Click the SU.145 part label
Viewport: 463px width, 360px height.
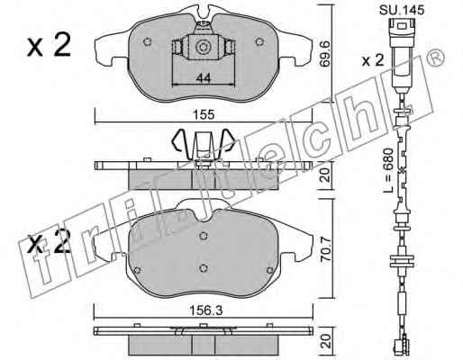click(402, 10)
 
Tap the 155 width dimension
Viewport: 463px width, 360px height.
click(204, 114)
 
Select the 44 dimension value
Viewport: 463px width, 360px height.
click(204, 78)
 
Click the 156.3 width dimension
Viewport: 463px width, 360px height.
click(206, 310)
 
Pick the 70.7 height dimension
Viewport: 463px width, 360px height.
click(325, 250)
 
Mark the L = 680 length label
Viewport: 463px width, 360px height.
click(389, 170)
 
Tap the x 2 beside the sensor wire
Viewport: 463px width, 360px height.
click(373, 60)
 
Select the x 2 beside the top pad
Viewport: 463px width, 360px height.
click(49, 45)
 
